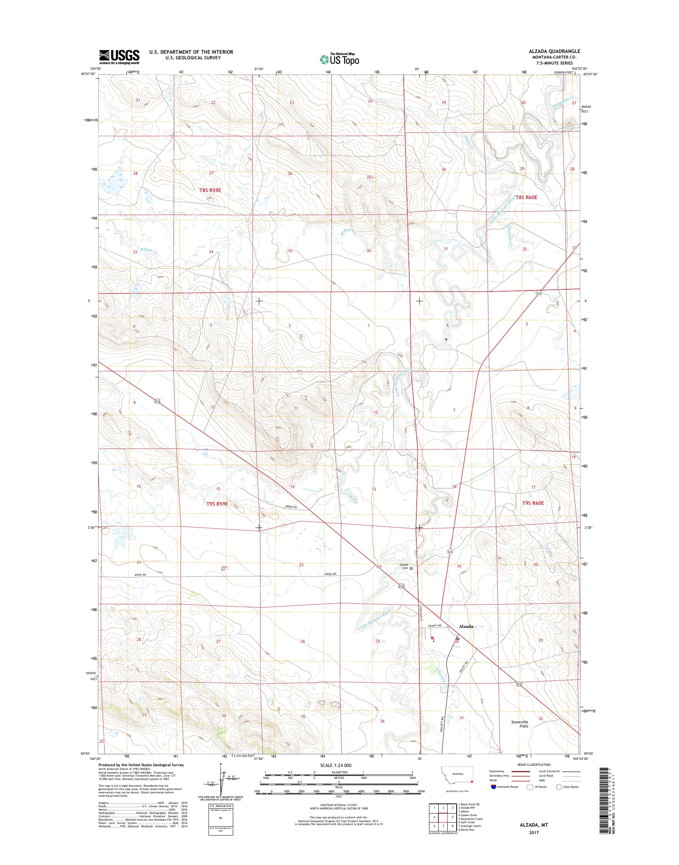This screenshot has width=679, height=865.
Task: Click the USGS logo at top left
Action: click(x=119, y=57)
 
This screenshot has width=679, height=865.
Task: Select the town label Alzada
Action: click(x=466, y=637)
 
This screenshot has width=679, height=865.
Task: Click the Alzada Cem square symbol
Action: click(x=412, y=569)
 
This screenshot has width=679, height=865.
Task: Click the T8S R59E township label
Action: click(x=210, y=190)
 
